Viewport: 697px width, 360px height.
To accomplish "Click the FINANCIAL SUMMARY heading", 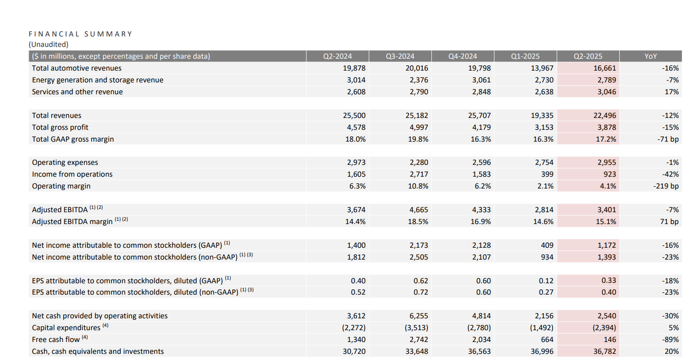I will pos(80,34).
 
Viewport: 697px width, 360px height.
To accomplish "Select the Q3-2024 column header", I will pos(400,56).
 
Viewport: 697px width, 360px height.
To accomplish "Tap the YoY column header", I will pos(651,56).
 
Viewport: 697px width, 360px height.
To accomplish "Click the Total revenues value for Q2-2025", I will pos(605,116).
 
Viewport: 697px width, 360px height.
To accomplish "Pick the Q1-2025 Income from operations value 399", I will pos(546,174).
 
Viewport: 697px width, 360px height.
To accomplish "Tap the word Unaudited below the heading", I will pos(48,45).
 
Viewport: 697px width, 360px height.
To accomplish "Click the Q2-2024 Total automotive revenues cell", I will pos(354,68).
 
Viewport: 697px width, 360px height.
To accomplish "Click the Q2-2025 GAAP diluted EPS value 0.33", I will pos(608,280).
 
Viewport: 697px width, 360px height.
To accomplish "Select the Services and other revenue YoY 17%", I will pos(672,92).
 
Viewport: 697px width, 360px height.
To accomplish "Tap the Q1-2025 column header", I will pos(525,56).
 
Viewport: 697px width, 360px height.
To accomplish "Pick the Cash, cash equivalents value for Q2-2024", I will pos(354,351).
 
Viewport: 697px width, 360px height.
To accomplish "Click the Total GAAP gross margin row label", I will pos(73,139).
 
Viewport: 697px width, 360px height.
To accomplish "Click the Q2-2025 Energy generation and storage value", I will pos(607,80).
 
